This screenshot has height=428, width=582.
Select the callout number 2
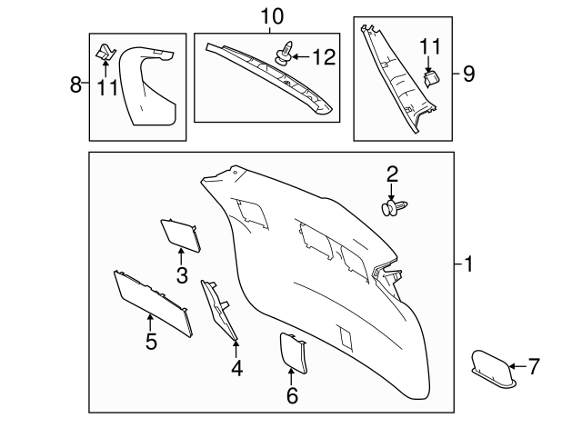pos(392,174)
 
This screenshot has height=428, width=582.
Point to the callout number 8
pos(76,85)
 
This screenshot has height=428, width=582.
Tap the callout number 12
pos(323,57)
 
